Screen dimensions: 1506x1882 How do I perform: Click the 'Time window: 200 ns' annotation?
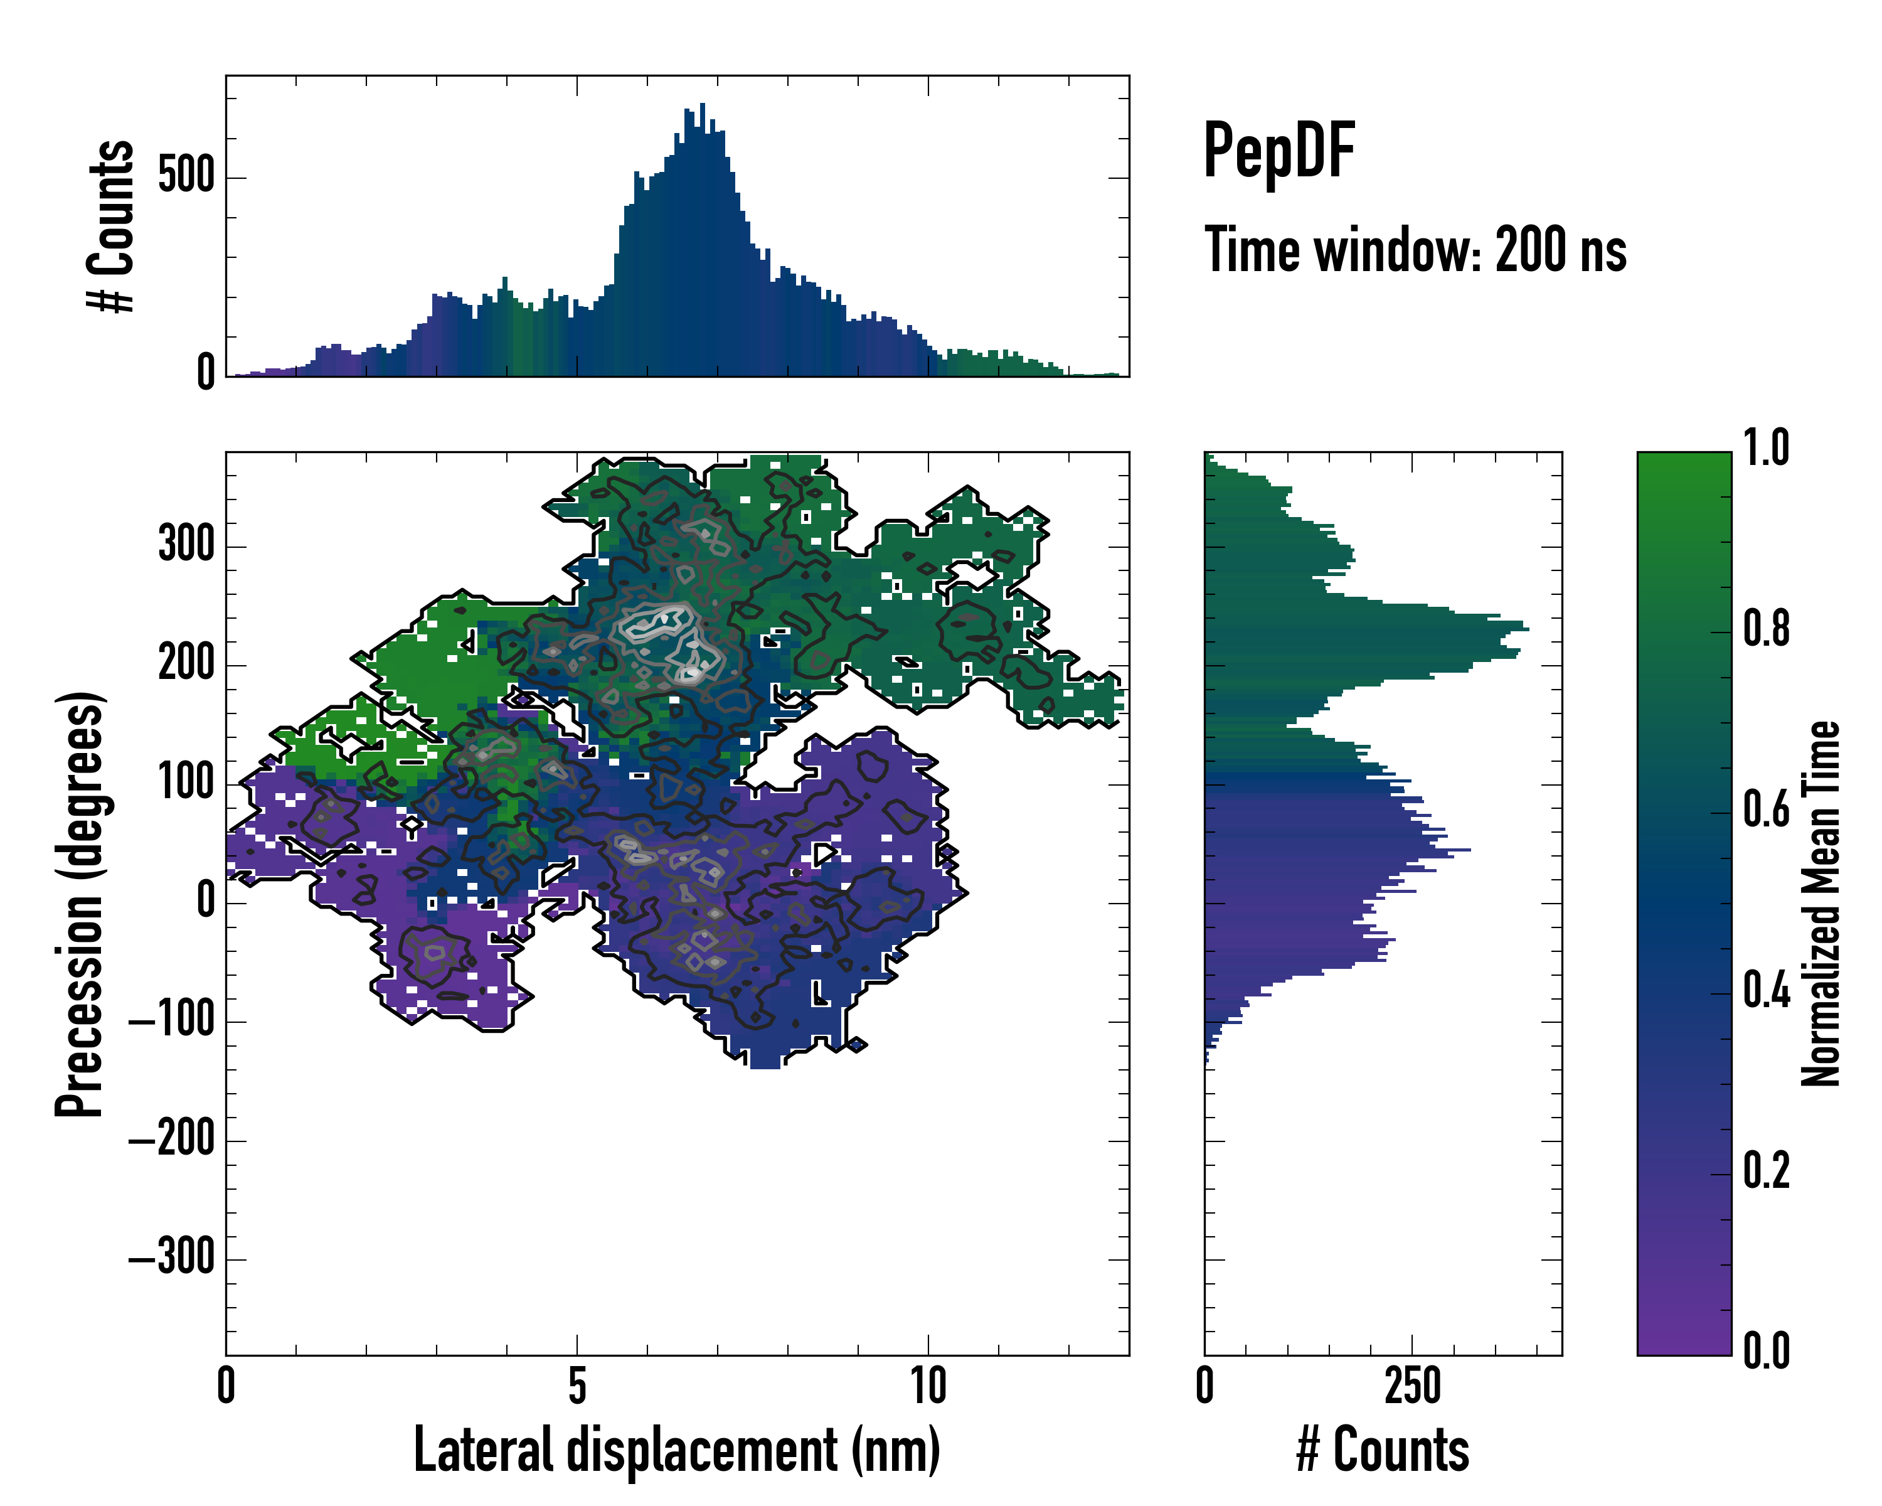(x=1415, y=250)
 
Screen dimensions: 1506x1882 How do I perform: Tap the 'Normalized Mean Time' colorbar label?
(x=1821, y=904)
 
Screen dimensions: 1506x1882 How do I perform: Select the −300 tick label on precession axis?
(x=172, y=1258)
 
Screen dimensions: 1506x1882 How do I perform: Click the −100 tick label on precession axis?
(x=172, y=1020)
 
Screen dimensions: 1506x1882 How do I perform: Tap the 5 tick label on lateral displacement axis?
(x=577, y=1386)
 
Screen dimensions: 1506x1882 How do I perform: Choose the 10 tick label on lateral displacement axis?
(x=928, y=1386)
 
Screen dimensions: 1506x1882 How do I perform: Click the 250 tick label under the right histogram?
(x=1412, y=1386)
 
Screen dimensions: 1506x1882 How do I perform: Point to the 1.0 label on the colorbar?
(x=1766, y=448)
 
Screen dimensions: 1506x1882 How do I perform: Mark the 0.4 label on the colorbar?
(x=1766, y=992)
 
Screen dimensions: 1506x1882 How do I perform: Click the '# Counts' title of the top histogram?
(x=111, y=226)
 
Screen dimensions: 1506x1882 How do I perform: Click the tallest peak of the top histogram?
(x=703, y=105)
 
